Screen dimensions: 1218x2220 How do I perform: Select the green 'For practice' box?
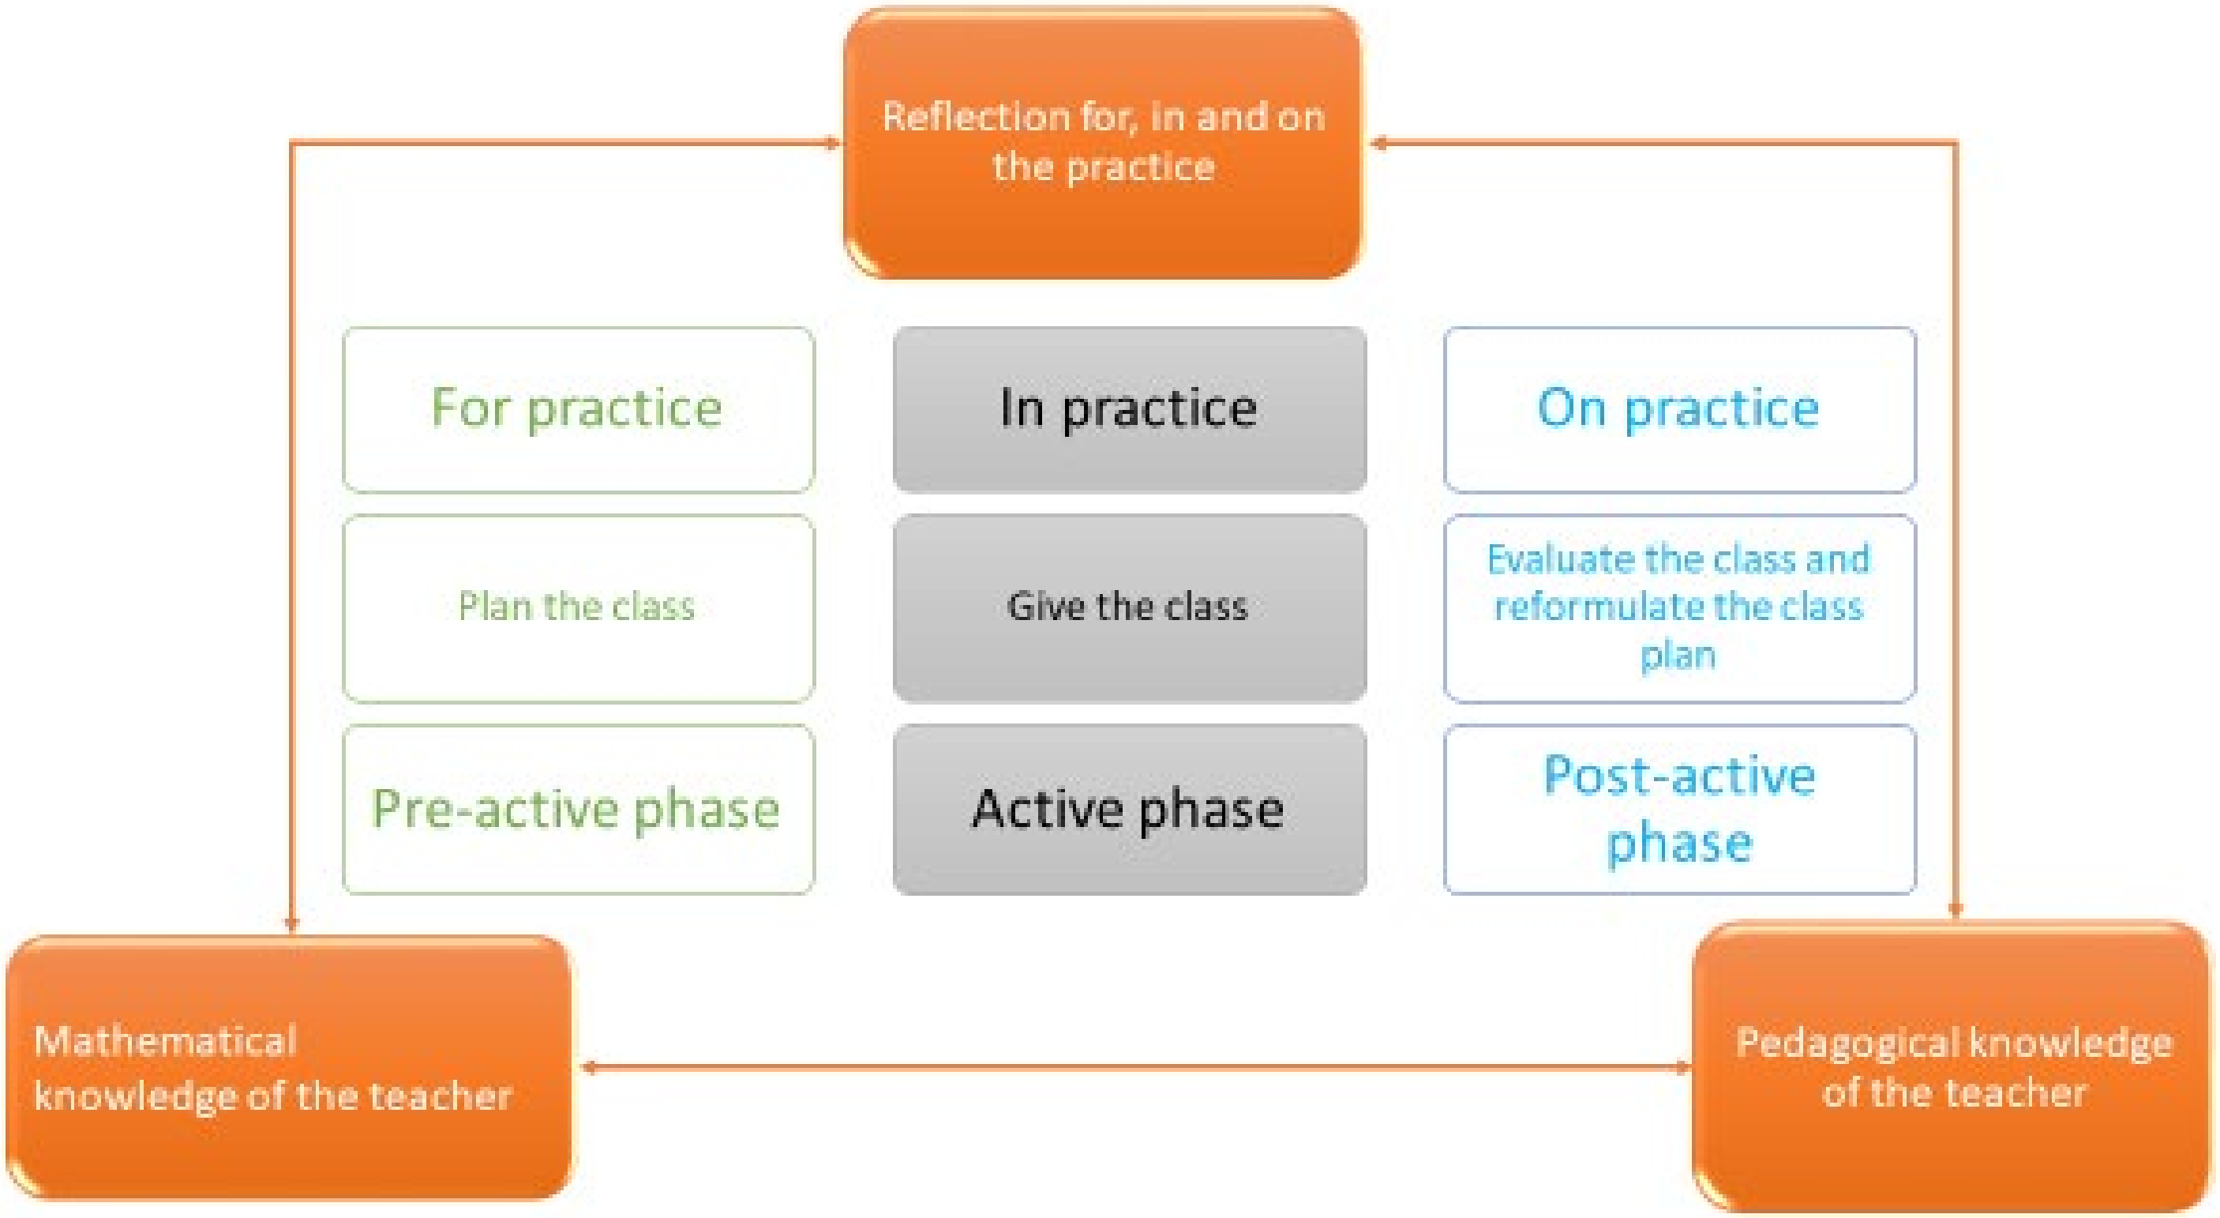tap(577, 408)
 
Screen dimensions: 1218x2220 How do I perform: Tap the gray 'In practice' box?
tap(1129, 408)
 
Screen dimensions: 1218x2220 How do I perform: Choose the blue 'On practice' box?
tap(1678, 408)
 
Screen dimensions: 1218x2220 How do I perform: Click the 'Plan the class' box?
tap(577, 607)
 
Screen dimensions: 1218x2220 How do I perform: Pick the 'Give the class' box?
tap(1129, 607)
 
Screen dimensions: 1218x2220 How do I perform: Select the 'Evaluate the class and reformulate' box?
tap(1678, 607)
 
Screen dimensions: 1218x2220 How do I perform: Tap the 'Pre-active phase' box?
tap(577, 809)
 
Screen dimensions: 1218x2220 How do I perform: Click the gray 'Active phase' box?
tap(1129, 809)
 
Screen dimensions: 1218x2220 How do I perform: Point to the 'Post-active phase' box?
tap(1678, 809)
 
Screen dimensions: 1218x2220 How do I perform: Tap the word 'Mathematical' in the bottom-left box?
tap(166, 1041)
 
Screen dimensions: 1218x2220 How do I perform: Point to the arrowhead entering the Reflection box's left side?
tap(831, 143)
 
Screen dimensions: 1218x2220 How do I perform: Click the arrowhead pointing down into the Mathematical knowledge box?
tap(291, 924)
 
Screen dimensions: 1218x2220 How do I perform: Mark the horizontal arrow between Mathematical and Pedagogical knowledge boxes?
tap(1136, 1068)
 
